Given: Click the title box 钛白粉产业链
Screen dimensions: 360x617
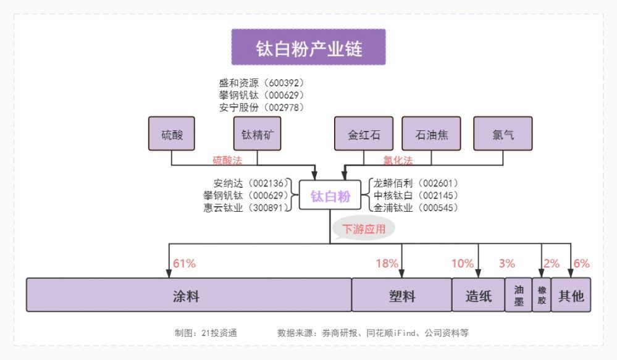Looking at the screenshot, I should pos(308,48).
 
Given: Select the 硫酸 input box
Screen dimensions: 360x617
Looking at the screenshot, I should pos(172,134).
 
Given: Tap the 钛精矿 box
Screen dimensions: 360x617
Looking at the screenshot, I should pos(257,134).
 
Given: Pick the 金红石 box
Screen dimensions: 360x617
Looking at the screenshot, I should pos(364,134).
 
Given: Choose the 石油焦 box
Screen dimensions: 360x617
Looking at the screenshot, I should pos(432,134).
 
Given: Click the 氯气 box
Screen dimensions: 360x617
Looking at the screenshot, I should pos(503,134).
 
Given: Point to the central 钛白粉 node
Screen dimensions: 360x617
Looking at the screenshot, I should pos(330,196).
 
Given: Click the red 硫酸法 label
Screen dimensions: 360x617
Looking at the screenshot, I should pos(227,161).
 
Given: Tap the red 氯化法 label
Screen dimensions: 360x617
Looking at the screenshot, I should pos(398,161).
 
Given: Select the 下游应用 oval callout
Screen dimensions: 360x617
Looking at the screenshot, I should pos(364,229).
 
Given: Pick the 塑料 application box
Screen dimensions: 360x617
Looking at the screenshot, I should pos(401,296).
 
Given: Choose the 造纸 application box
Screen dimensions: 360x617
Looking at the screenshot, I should pos(479,296).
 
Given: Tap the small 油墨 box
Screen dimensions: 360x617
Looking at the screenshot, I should pos(518,296).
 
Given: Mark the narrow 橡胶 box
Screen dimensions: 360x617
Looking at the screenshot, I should pos(542,296).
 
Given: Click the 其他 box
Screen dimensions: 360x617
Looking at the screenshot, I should pos(571,296).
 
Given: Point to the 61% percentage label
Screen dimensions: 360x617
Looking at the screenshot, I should pos(184,264).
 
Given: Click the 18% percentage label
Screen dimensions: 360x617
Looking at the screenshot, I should pos(387,264).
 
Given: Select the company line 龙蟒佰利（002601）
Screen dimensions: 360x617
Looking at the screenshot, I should pos(415,183).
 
